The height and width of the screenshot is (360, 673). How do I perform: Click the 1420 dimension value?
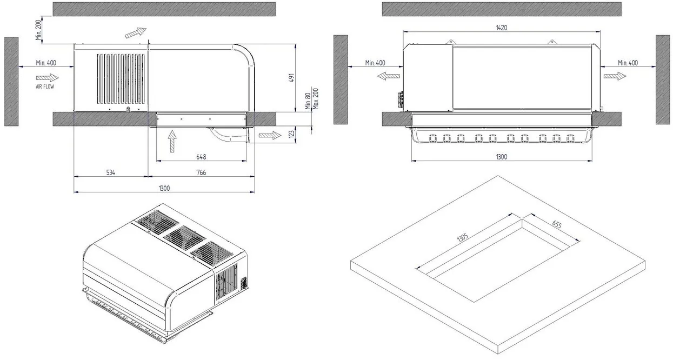[x=501, y=28]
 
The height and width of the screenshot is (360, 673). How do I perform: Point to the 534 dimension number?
[x=110, y=172]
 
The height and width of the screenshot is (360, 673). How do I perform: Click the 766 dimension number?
[x=201, y=172]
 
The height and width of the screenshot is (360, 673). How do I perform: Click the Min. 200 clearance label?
[x=38, y=30]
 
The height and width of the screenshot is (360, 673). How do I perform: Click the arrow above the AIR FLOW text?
[x=46, y=77]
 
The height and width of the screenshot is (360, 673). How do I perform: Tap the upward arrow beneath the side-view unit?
[x=171, y=142]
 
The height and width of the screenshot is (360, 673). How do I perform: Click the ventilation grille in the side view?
[x=122, y=78]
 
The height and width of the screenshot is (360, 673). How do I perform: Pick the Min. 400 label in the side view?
[x=46, y=63]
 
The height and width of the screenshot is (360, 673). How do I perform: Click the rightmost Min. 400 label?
[x=628, y=63]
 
